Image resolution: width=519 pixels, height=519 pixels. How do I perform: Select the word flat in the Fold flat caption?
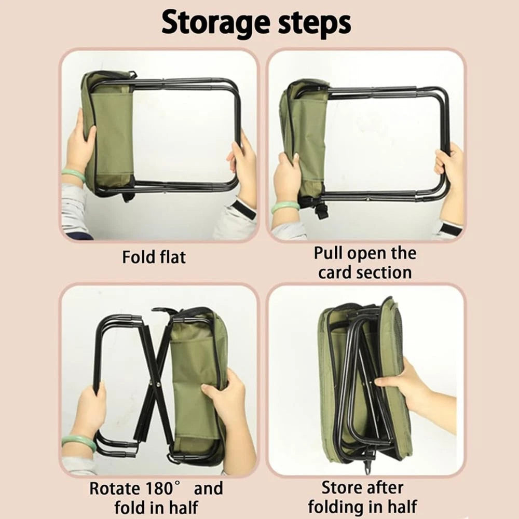click(x=169, y=256)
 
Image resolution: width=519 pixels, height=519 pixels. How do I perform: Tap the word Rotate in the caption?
click(x=114, y=488)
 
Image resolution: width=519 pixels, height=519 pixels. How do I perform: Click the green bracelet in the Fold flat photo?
click(x=73, y=175)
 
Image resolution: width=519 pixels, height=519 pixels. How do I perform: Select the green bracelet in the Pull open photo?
click(x=285, y=206)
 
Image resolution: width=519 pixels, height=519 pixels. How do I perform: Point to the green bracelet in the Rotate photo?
click(x=79, y=442)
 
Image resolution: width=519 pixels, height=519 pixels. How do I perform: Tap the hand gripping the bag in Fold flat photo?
click(x=80, y=145)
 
